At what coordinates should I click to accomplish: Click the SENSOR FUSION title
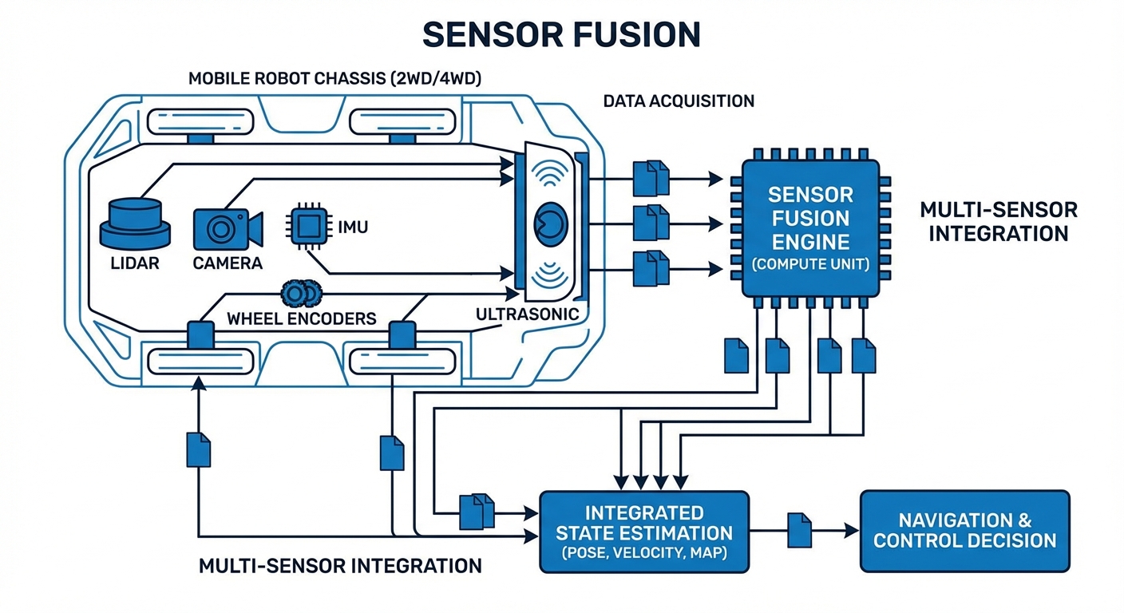(x=561, y=34)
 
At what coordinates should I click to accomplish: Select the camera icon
(x=227, y=228)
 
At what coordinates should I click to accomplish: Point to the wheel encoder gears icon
(x=299, y=295)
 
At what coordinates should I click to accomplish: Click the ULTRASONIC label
(x=527, y=314)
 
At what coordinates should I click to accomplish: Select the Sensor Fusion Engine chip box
(x=809, y=227)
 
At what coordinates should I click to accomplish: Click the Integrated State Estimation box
(x=643, y=532)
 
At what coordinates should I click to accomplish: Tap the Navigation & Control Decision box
(x=964, y=531)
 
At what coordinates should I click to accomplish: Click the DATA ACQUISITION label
(x=679, y=101)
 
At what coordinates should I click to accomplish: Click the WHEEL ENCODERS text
(x=302, y=318)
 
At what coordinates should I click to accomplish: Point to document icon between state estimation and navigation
(x=799, y=529)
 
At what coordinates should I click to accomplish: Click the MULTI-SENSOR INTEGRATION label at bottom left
(x=339, y=566)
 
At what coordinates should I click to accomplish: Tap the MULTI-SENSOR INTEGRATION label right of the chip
(x=998, y=222)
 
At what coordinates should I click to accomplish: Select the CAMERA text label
(x=228, y=263)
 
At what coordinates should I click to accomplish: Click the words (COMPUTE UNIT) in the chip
(x=809, y=264)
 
